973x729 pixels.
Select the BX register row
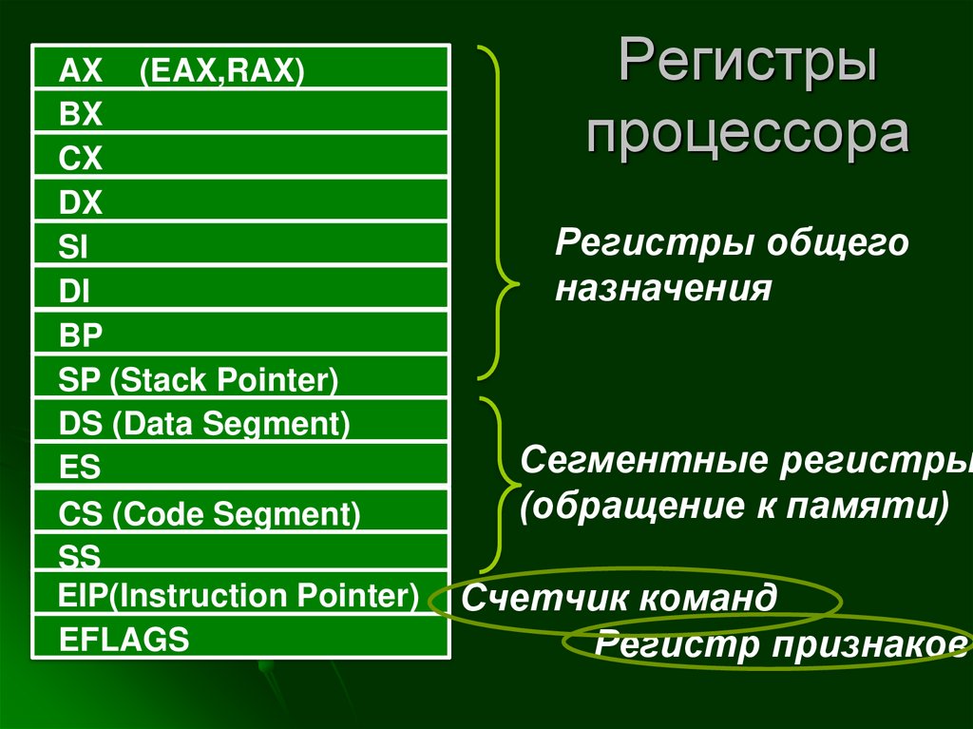click(240, 112)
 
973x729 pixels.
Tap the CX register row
click(240, 156)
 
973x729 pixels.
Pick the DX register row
click(240, 201)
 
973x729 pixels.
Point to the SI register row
click(240, 245)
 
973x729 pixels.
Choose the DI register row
click(240, 289)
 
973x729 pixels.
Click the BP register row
click(240, 334)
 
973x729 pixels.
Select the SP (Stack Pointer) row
click(240, 378)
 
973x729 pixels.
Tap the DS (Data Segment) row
click(240, 422)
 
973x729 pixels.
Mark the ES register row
click(240, 466)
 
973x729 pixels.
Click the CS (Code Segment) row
click(240, 512)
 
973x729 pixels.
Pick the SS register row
click(240, 553)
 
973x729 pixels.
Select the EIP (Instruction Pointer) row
click(240, 595)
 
